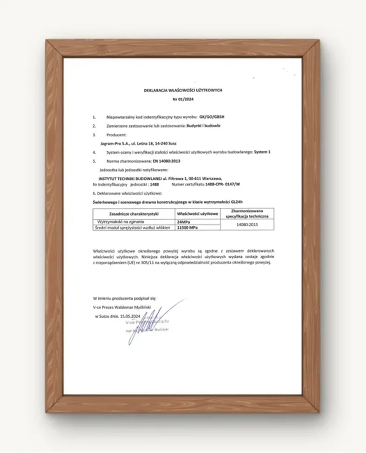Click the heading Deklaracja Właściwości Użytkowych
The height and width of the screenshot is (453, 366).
(183, 90)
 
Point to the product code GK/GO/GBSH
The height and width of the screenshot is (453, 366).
(215, 118)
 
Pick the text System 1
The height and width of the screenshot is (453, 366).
(262, 153)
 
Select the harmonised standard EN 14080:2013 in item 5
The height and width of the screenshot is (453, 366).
(166, 161)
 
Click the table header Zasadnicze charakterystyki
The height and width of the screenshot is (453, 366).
(134, 214)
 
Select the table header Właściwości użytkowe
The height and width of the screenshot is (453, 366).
(197, 214)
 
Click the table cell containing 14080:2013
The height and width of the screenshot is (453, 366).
(246, 224)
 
